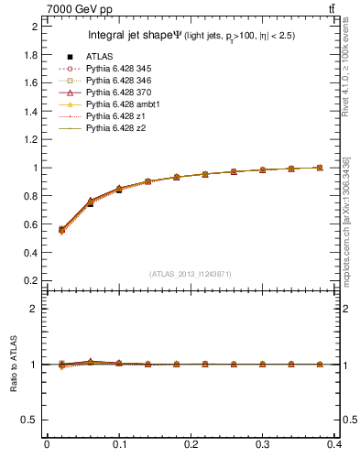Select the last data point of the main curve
click(319, 168)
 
